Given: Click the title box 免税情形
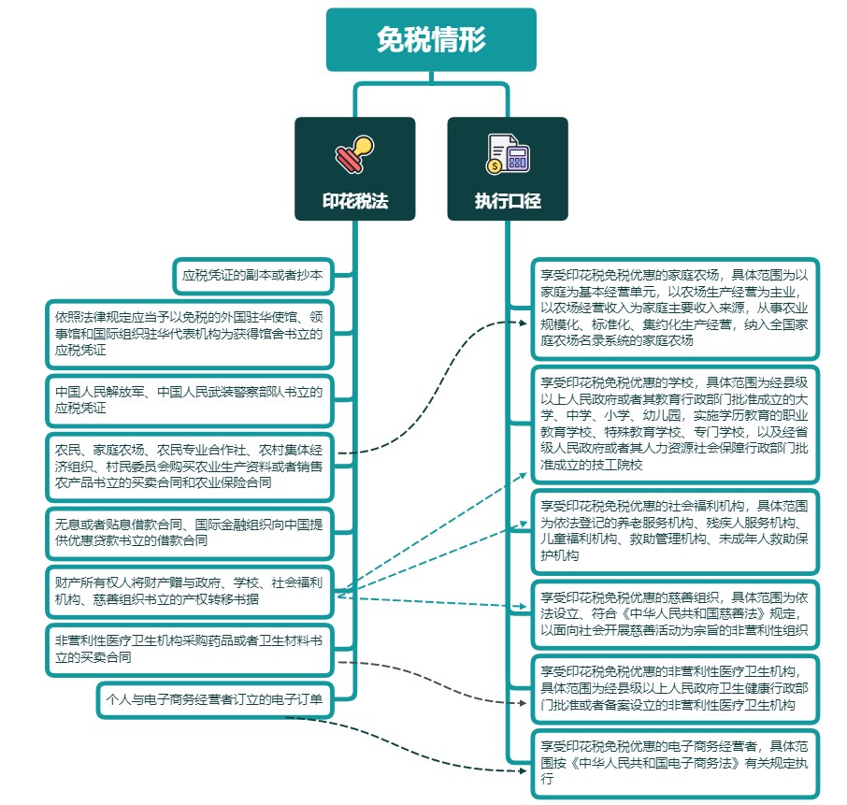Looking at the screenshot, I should point(431,40).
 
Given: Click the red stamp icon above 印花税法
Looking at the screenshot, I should point(355,154).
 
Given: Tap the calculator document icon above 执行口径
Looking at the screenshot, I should point(508,154).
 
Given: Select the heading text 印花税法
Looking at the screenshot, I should point(355,201).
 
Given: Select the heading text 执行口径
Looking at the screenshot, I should point(508,201).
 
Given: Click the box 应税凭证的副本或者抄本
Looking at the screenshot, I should point(252,276).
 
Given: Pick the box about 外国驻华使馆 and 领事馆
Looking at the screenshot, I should point(189,334).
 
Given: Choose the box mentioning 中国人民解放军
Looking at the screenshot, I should point(189,399).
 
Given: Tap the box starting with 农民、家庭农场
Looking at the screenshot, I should point(189,466).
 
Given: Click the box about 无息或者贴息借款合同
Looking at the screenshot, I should point(189,532).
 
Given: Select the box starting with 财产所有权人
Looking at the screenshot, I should point(189,591).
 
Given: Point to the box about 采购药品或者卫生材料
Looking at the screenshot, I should point(189,650).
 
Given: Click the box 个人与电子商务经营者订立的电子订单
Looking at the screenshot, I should point(215,698).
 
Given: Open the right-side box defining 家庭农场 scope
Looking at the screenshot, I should point(674,309).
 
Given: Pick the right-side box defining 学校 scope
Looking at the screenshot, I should point(674,423).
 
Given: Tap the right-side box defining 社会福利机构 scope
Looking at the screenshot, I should point(674,530).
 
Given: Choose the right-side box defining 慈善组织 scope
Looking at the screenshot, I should point(674,613).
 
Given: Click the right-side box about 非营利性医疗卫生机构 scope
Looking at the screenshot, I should point(674,687).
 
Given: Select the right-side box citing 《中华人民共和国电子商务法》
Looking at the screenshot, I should point(674,762).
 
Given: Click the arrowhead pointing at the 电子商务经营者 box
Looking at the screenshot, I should point(524,770).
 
